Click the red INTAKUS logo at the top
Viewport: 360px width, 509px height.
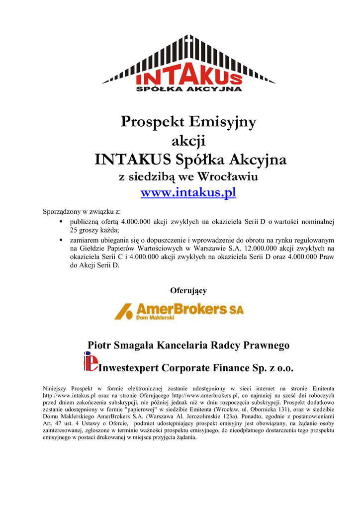[188, 77]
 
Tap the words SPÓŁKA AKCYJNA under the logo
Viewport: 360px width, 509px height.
[188, 89]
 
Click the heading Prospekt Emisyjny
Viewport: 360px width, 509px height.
[188, 122]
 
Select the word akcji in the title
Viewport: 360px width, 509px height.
[188, 141]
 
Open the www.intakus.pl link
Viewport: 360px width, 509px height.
[188, 192]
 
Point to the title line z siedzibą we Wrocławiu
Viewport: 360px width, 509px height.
[188, 176]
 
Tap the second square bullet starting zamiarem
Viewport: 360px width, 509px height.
[60, 240]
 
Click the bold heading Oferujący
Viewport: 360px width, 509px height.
[188, 290]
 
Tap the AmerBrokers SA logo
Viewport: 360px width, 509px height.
[179, 311]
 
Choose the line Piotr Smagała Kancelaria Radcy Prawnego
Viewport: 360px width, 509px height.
[188, 345]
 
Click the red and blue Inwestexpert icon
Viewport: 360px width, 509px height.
[90, 361]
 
